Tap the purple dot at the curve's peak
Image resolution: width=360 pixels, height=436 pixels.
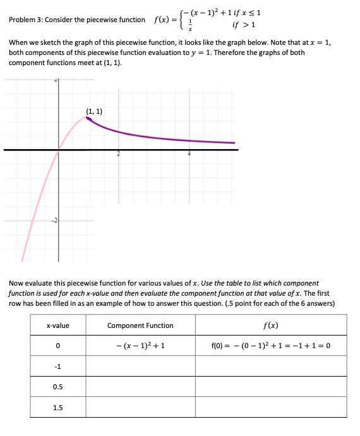coord(89,118)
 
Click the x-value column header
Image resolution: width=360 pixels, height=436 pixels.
coord(58,326)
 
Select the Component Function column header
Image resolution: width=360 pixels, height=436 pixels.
coord(140,326)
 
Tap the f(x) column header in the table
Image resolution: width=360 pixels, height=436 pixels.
coord(270,326)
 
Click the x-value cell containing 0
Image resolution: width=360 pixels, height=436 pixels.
coord(58,346)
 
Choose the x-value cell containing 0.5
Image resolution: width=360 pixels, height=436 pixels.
coord(58,387)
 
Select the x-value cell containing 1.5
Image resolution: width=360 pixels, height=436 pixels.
coord(58,408)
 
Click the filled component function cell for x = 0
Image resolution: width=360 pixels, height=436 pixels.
coord(140,346)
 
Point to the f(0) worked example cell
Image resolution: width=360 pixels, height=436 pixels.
coord(270,346)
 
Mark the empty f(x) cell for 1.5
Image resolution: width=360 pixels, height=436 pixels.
coord(270,408)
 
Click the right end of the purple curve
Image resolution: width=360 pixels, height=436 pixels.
coord(234,143)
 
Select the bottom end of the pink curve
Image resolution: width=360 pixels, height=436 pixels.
coord(23,260)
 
